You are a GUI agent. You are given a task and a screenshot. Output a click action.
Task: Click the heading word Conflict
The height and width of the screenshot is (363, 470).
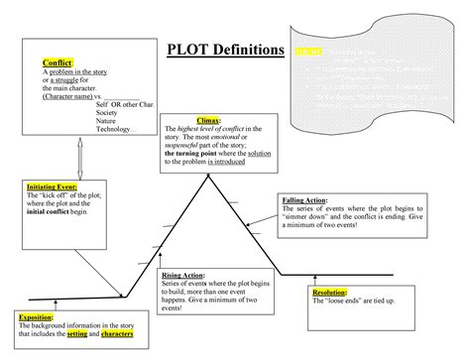[x=45, y=63]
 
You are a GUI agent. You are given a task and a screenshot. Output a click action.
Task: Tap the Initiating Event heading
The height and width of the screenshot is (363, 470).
[x=51, y=186]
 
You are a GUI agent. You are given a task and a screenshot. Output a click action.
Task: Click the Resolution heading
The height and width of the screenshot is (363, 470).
[x=331, y=293]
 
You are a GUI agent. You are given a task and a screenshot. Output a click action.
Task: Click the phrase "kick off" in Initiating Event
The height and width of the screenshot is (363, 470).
[x=57, y=195]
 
